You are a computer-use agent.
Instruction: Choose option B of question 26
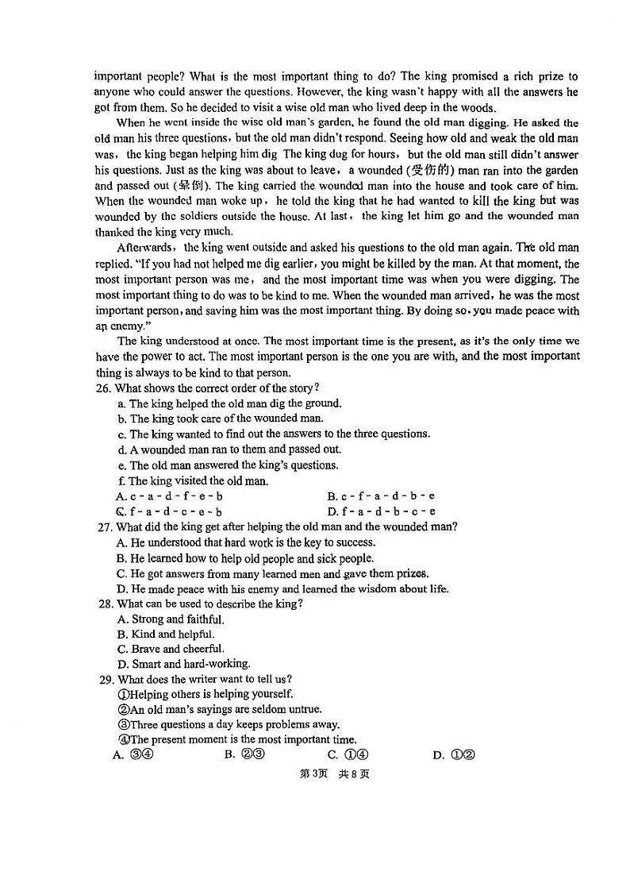point(381,496)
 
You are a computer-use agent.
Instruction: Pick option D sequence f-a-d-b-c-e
point(381,512)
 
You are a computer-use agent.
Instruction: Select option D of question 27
point(282,589)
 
